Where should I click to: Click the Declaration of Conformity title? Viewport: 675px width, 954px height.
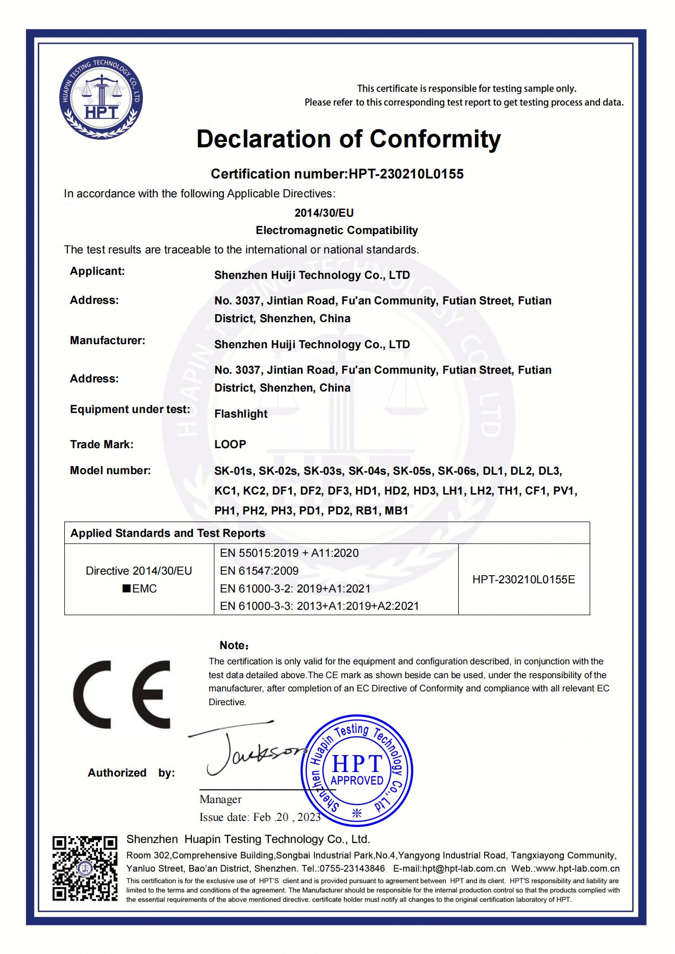(x=348, y=139)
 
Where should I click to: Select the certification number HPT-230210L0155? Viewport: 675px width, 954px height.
(x=406, y=174)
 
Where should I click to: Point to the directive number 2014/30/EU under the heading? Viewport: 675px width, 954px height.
(x=324, y=213)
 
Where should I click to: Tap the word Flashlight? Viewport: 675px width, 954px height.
(x=241, y=414)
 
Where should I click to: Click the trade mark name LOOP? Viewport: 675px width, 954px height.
(x=230, y=444)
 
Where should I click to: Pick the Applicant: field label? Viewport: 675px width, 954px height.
(x=97, y=271)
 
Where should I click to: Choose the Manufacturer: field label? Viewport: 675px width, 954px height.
(x=108, y=341)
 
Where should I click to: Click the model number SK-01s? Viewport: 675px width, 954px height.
(x=235, y=471)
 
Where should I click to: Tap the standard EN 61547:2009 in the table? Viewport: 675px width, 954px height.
(x=259, y=571)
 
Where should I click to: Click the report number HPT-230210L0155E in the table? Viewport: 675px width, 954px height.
(x=523, y=579)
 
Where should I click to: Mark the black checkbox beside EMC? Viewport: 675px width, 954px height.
(x=126, y=589)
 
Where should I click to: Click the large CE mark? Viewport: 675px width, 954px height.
(x=122, y=694)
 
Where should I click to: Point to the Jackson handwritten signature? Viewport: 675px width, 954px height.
(x=245, y=752)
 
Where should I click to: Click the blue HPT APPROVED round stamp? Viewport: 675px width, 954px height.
(x=357, y=770)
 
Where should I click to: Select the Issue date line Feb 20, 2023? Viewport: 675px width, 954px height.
(x=260, y=817)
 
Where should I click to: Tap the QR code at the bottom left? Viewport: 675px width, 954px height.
(x=85, y=868)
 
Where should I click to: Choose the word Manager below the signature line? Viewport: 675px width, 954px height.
(x=220, y=800)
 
